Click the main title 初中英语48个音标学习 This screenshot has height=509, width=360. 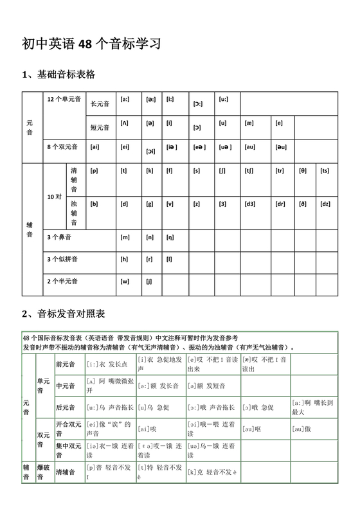pyautogui.click(x=91, y=44)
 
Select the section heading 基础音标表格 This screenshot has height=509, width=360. pyautogui.click(x=59, y=75)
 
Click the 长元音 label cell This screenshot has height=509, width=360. pyautogui.click(x=100, y=103)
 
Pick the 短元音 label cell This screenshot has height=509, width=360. pyautogui.click(x=100, y=127)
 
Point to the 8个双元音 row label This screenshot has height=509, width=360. pyautogui.click(x=62, y=147)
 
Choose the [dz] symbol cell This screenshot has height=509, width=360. pyautogui.click(x=325, y=204)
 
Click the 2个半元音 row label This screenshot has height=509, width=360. pyautogui.click(x=62, y=281)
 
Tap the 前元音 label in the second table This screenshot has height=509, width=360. pyautogui.click(x=66, y=364)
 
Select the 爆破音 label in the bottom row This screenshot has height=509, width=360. pyautogui.click(x=44, y=472)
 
